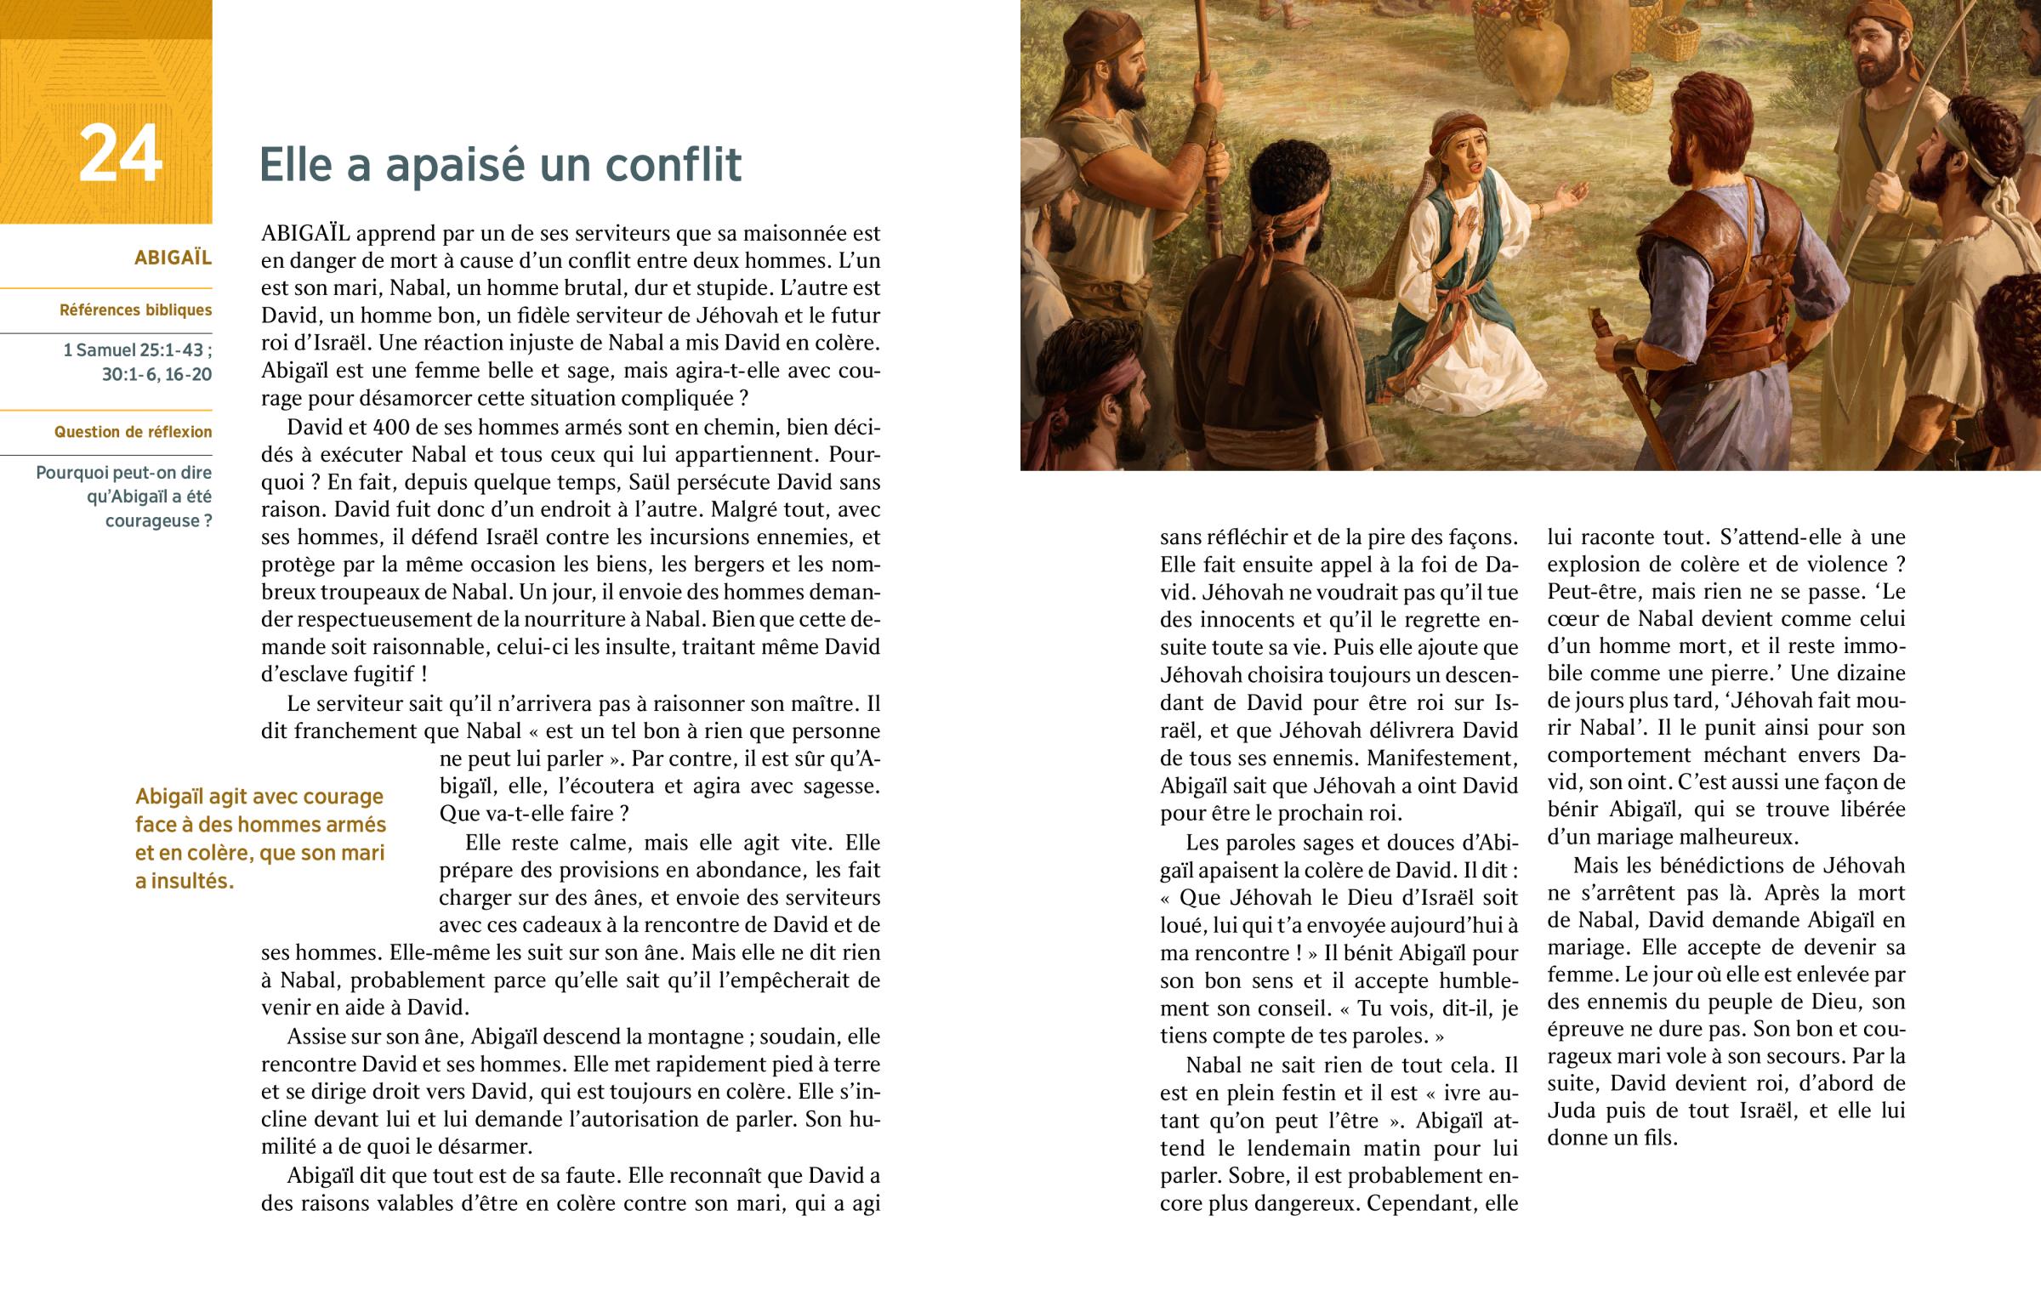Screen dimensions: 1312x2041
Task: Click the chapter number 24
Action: click(120, 154)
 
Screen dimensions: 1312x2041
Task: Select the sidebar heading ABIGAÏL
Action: click(173, 258)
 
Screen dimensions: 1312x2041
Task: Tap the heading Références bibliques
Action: click(135, 310)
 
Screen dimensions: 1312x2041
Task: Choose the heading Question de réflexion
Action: click(133, 432)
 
